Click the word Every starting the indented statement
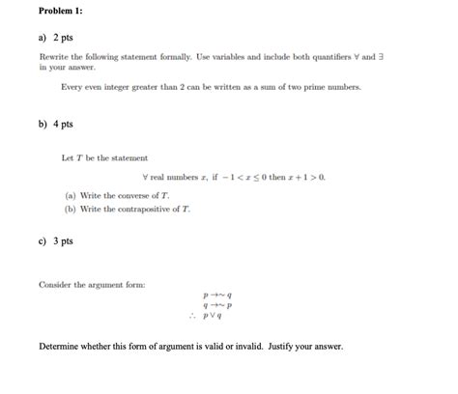pos(72,87)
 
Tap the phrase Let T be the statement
pos(104,158)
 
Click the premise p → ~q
pos(216,295)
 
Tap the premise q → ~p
pos(216,304)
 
